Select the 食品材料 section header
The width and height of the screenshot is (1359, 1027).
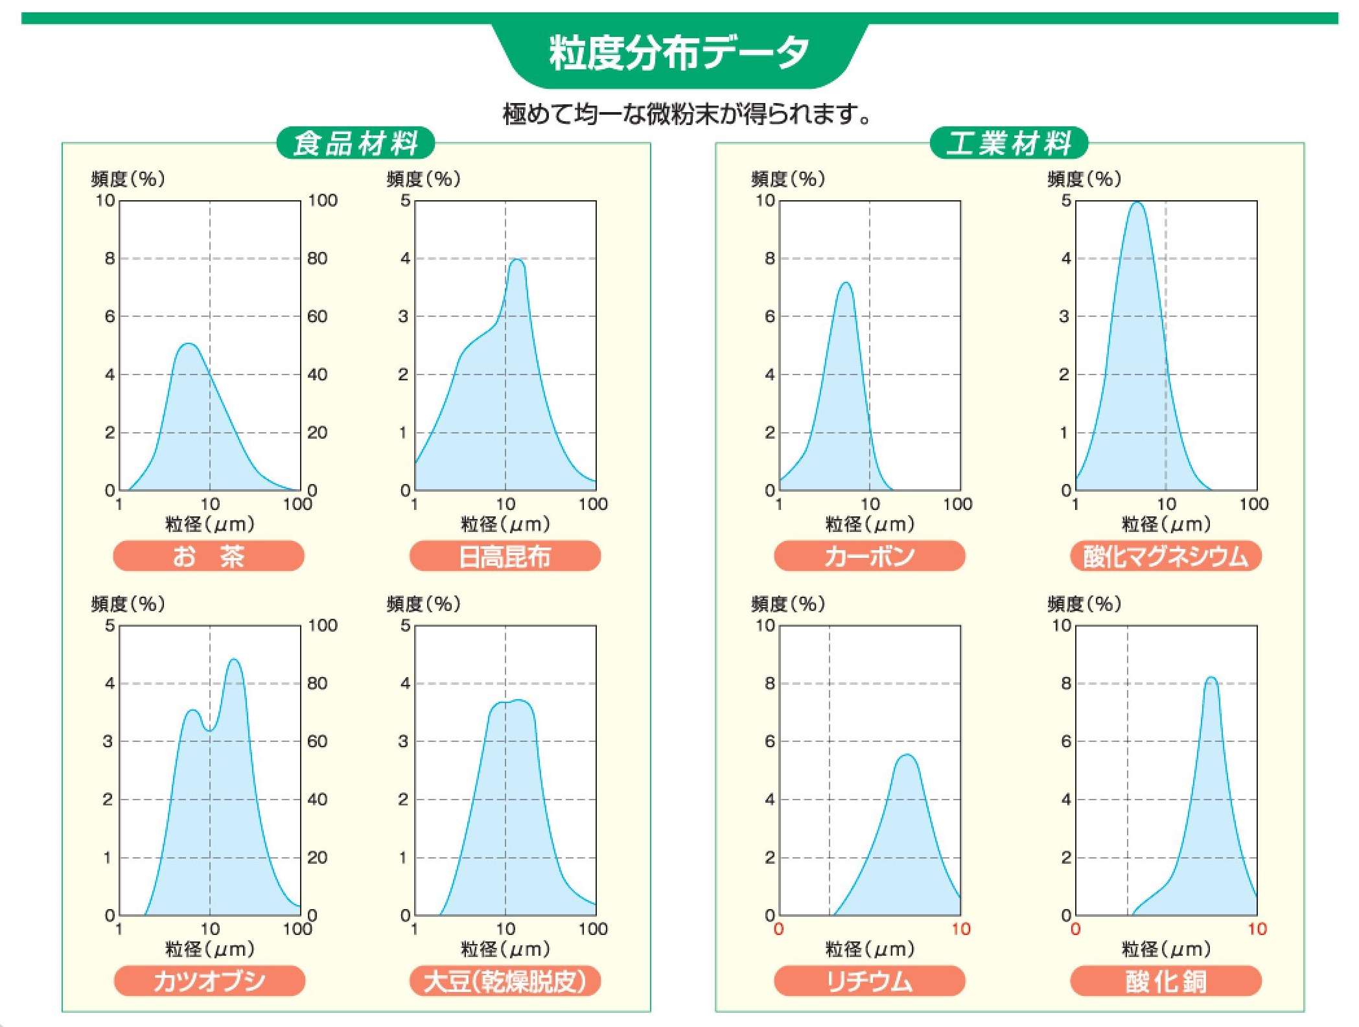356,143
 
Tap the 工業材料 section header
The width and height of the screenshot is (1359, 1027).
1008,143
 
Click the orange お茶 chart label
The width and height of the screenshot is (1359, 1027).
209,556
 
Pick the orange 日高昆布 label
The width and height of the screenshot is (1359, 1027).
505,556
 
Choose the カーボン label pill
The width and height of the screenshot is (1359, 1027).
869,556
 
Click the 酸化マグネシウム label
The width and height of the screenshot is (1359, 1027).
1165,556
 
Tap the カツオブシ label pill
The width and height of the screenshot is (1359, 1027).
209,981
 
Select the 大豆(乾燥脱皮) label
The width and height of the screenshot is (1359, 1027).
505,981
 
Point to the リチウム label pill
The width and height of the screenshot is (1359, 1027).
869,981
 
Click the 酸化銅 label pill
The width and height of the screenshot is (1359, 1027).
1165,981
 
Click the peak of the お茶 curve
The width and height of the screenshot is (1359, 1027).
189,344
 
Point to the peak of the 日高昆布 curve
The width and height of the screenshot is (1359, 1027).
517,260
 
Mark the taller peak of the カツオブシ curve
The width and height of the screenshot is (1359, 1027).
234,660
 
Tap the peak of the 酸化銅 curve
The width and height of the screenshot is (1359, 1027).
1211,678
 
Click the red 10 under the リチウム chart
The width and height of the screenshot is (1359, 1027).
960,929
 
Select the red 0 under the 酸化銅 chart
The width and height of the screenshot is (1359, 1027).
1075,929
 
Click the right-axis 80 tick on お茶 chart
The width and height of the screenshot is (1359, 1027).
317,259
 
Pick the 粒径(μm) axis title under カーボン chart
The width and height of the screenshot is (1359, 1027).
869,524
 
